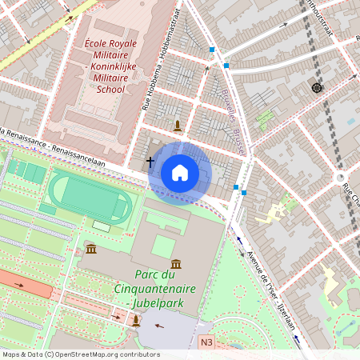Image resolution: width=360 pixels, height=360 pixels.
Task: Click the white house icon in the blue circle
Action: pyautogui.click(x=180, y=173)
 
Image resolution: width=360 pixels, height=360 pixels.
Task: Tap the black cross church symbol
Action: pyautogui.click(x=150, y=162)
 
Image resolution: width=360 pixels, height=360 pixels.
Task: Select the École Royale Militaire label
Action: pyautogui.click(x=110, y=64)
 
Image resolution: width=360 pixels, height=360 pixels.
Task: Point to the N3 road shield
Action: pyautogui.click(x=206, y=342)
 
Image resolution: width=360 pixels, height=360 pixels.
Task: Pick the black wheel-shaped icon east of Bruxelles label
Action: pyautogui.click(x=316, y=87)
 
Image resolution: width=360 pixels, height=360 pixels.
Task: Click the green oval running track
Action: pyautogui.click(x=88, y=197)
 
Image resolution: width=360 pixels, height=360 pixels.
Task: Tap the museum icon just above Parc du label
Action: pyautogui.click(x=175, y=263)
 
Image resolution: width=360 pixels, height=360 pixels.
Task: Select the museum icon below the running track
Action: pyautogui.click(x=91, y=250)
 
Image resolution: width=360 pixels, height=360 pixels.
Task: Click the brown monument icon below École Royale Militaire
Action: pyautogui.click(x=178, y=125)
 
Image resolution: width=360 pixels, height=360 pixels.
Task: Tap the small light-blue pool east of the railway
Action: pyautogui.click(x=351, y=121)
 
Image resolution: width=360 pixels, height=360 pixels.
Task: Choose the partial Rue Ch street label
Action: pyautogui.click(x=350, y=193)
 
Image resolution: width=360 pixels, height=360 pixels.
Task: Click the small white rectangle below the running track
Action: pyautogui.click(x=102, y=226)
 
